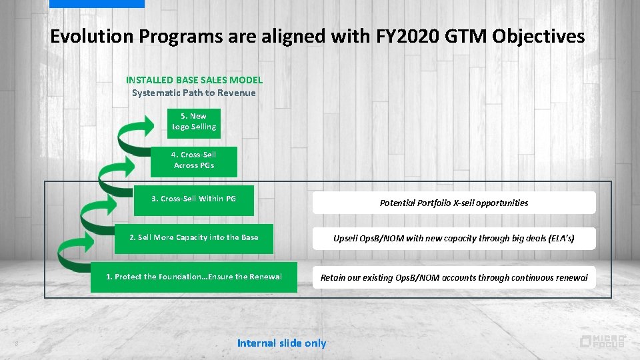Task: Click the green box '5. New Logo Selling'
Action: (193, 121)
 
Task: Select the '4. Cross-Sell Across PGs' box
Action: (194, 161)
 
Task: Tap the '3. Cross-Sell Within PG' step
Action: (193, 199)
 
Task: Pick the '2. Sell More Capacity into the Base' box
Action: (193, 238)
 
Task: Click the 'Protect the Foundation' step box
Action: (194, 277)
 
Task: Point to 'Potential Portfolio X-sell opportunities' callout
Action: (453, 203)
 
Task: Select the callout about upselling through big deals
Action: (453, 238)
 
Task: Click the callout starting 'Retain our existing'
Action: (453, 277)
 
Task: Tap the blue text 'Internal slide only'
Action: (281, 343)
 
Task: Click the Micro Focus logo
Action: (602, 341)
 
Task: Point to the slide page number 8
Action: (16, 344)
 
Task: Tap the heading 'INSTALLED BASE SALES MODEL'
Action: (194, 80)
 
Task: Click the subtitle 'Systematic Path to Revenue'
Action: (193, 93)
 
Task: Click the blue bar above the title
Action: (97, 3)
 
